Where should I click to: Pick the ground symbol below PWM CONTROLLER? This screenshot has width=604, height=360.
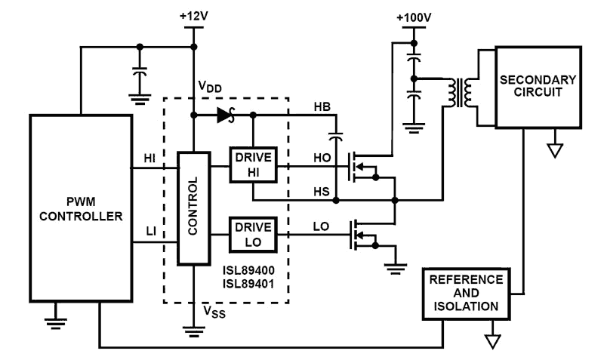pos(53,324)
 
